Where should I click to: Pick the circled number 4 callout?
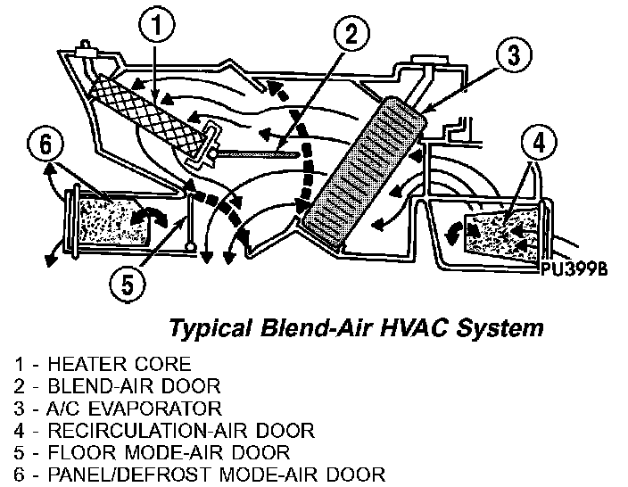pyautogui.click(x=540, y=142)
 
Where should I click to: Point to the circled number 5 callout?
pyautogui.click(x=127, y=284)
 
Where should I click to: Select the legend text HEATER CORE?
pyautogui.click(x=120, y=364)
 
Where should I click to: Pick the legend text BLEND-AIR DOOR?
pyautogui.click(x=134, y=386)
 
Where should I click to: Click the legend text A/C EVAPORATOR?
pyautogui.click(x=135, y=409)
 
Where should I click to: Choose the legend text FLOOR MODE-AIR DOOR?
pyautogui.click(x=169, y=453)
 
